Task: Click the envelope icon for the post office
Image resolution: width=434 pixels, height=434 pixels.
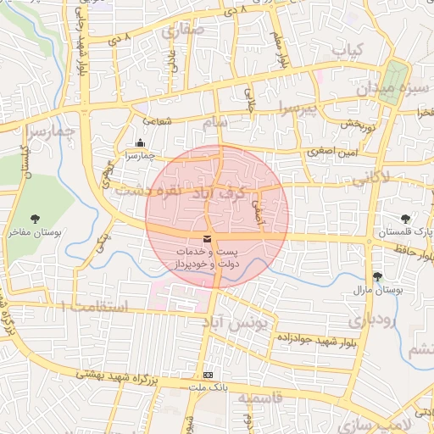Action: [209, 238]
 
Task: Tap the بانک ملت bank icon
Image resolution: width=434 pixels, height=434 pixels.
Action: [209, 375]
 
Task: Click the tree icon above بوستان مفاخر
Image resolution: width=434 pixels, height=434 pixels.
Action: [35, 220]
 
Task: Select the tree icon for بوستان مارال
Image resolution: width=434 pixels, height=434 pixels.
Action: [377, 276]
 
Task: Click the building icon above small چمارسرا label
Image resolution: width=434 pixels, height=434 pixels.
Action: [140, 143]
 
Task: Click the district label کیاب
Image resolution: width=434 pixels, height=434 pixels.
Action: [348, 51]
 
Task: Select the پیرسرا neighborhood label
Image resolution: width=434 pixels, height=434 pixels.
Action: [299, 108]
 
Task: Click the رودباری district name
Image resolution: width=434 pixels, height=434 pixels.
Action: [368, 320]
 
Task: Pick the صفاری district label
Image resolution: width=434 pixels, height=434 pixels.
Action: [183, 31]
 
